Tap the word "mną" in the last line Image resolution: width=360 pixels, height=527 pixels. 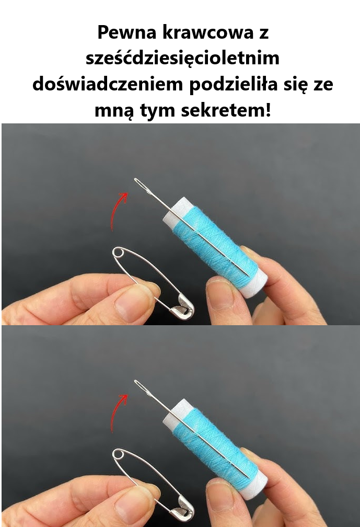[113, 111]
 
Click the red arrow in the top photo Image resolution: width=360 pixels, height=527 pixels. [118, 210]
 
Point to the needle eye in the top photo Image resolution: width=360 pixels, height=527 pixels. [141, 184]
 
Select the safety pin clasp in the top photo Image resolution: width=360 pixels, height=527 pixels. [183, 308]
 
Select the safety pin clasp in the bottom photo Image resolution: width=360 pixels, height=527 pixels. [183, 510]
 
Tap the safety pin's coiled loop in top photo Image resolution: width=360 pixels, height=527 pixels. [118, 254]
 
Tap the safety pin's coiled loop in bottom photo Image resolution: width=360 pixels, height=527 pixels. [118, 454]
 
